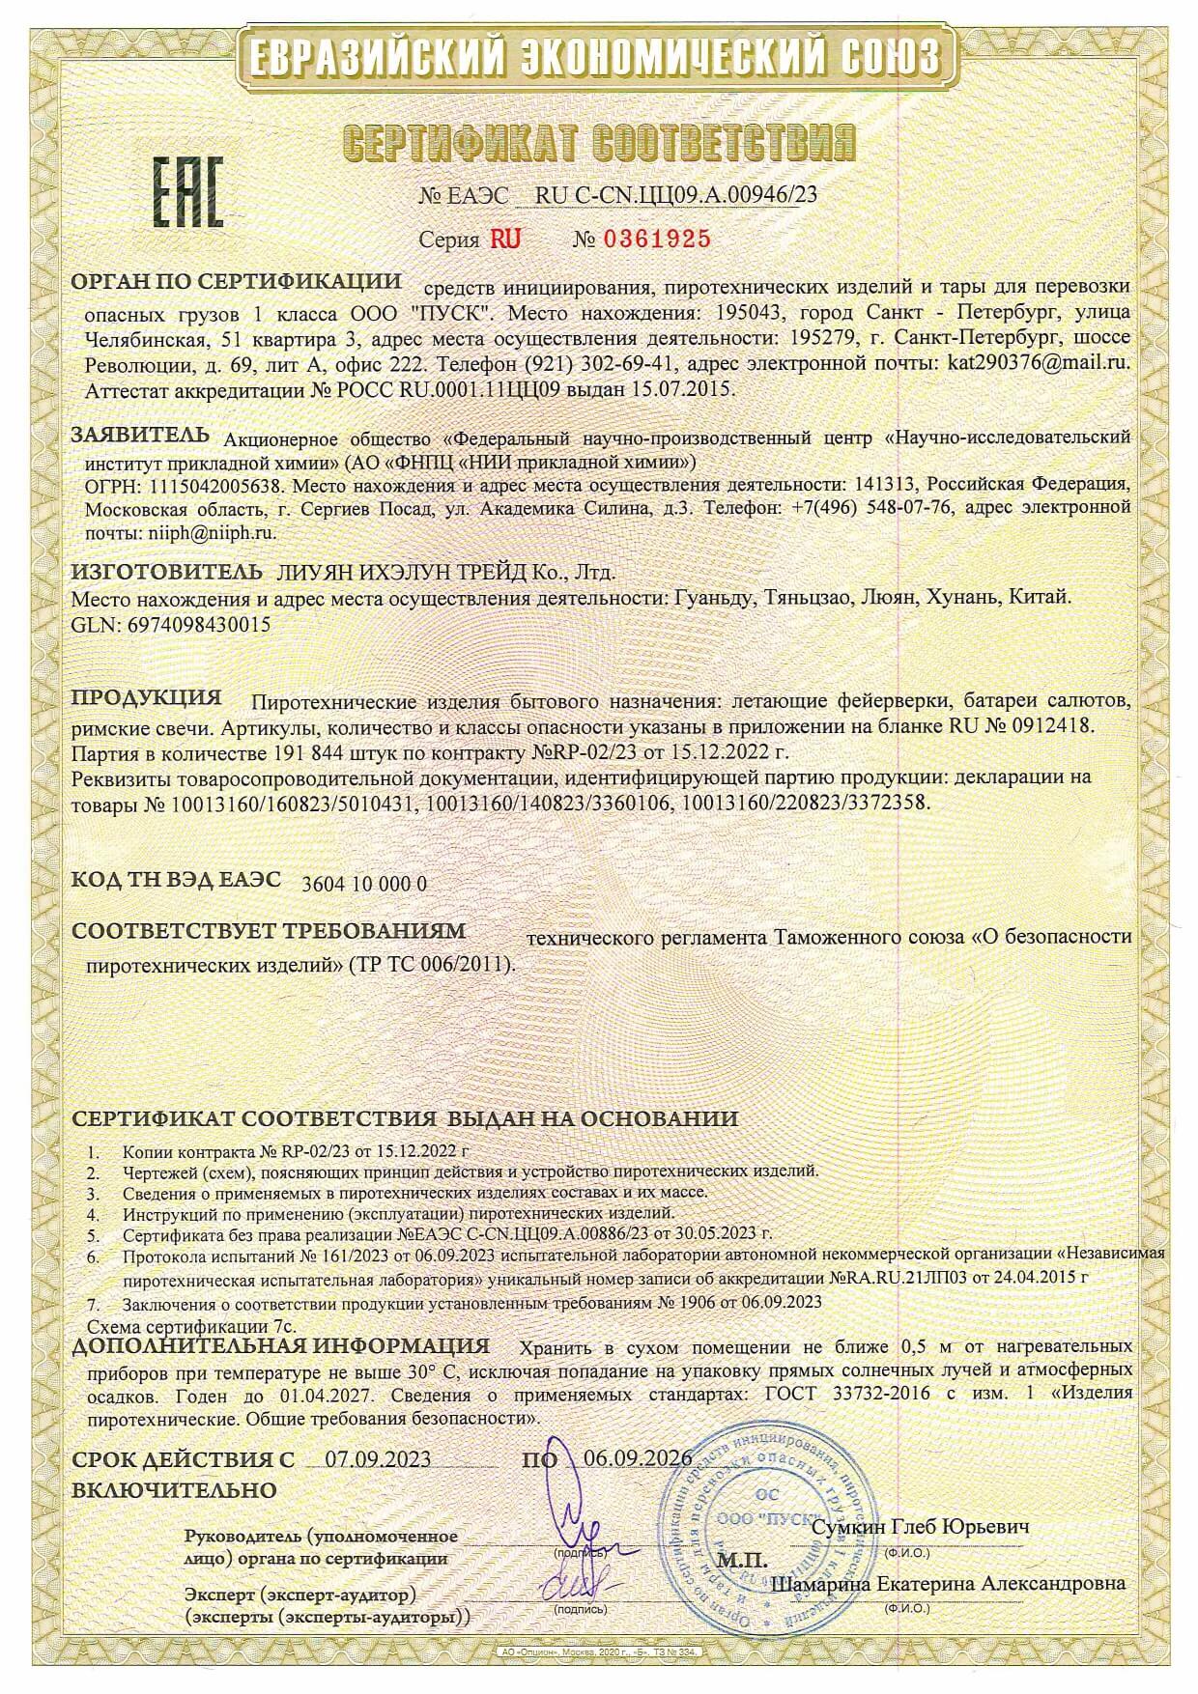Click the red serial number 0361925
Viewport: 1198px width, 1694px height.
(x=656, y=239)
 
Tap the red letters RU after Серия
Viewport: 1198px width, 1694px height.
(x=505, y=239)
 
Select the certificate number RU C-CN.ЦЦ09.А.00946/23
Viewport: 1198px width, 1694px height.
(x=675, y=194)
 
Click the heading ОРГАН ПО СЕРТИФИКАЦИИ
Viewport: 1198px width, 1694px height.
(x=237, y=282)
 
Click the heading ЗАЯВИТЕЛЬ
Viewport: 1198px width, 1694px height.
(x=140, y=434)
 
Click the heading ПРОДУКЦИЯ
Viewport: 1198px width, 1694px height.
(x=148, y=696)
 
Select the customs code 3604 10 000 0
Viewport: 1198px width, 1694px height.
(x=364, y=883)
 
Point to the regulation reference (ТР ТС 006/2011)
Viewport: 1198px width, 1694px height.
(x=432, y=964)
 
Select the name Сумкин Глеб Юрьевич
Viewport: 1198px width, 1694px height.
(x=920, y=1527)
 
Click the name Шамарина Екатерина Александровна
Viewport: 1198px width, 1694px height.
(x=949, y=1584)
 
